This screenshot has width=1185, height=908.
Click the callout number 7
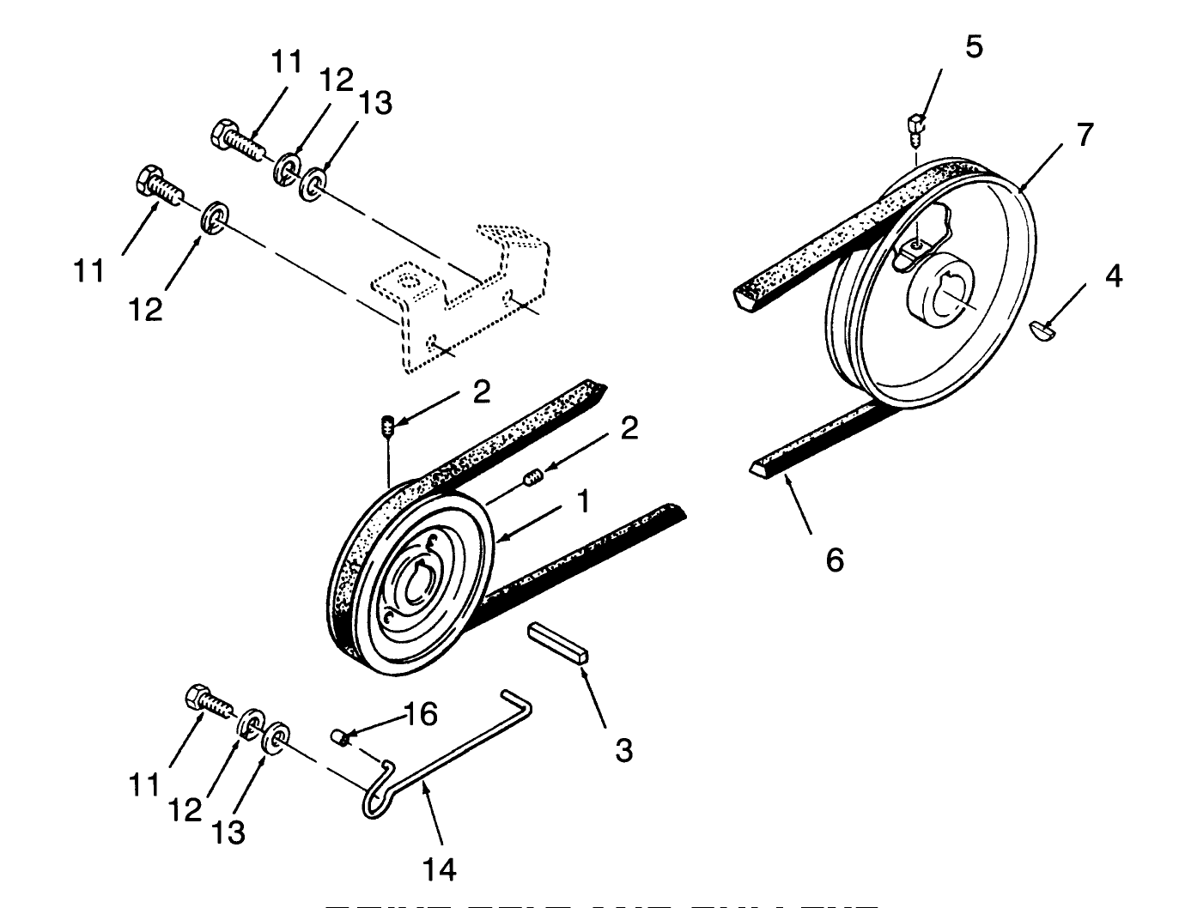pos(1085,135)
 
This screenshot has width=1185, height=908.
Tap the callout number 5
pos(973,46)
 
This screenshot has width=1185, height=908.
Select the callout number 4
pos(1113,276)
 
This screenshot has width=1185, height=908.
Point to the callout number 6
pos(835,560)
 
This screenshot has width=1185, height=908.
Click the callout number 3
pos(623,750)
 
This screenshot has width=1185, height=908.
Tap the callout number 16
pos(421,714)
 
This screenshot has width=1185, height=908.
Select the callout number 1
pos(583,501)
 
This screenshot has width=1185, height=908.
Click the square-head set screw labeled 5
pos(917,125)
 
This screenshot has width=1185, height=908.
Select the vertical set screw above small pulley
pos(387,425)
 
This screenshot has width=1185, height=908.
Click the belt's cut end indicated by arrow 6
pos(762,469)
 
